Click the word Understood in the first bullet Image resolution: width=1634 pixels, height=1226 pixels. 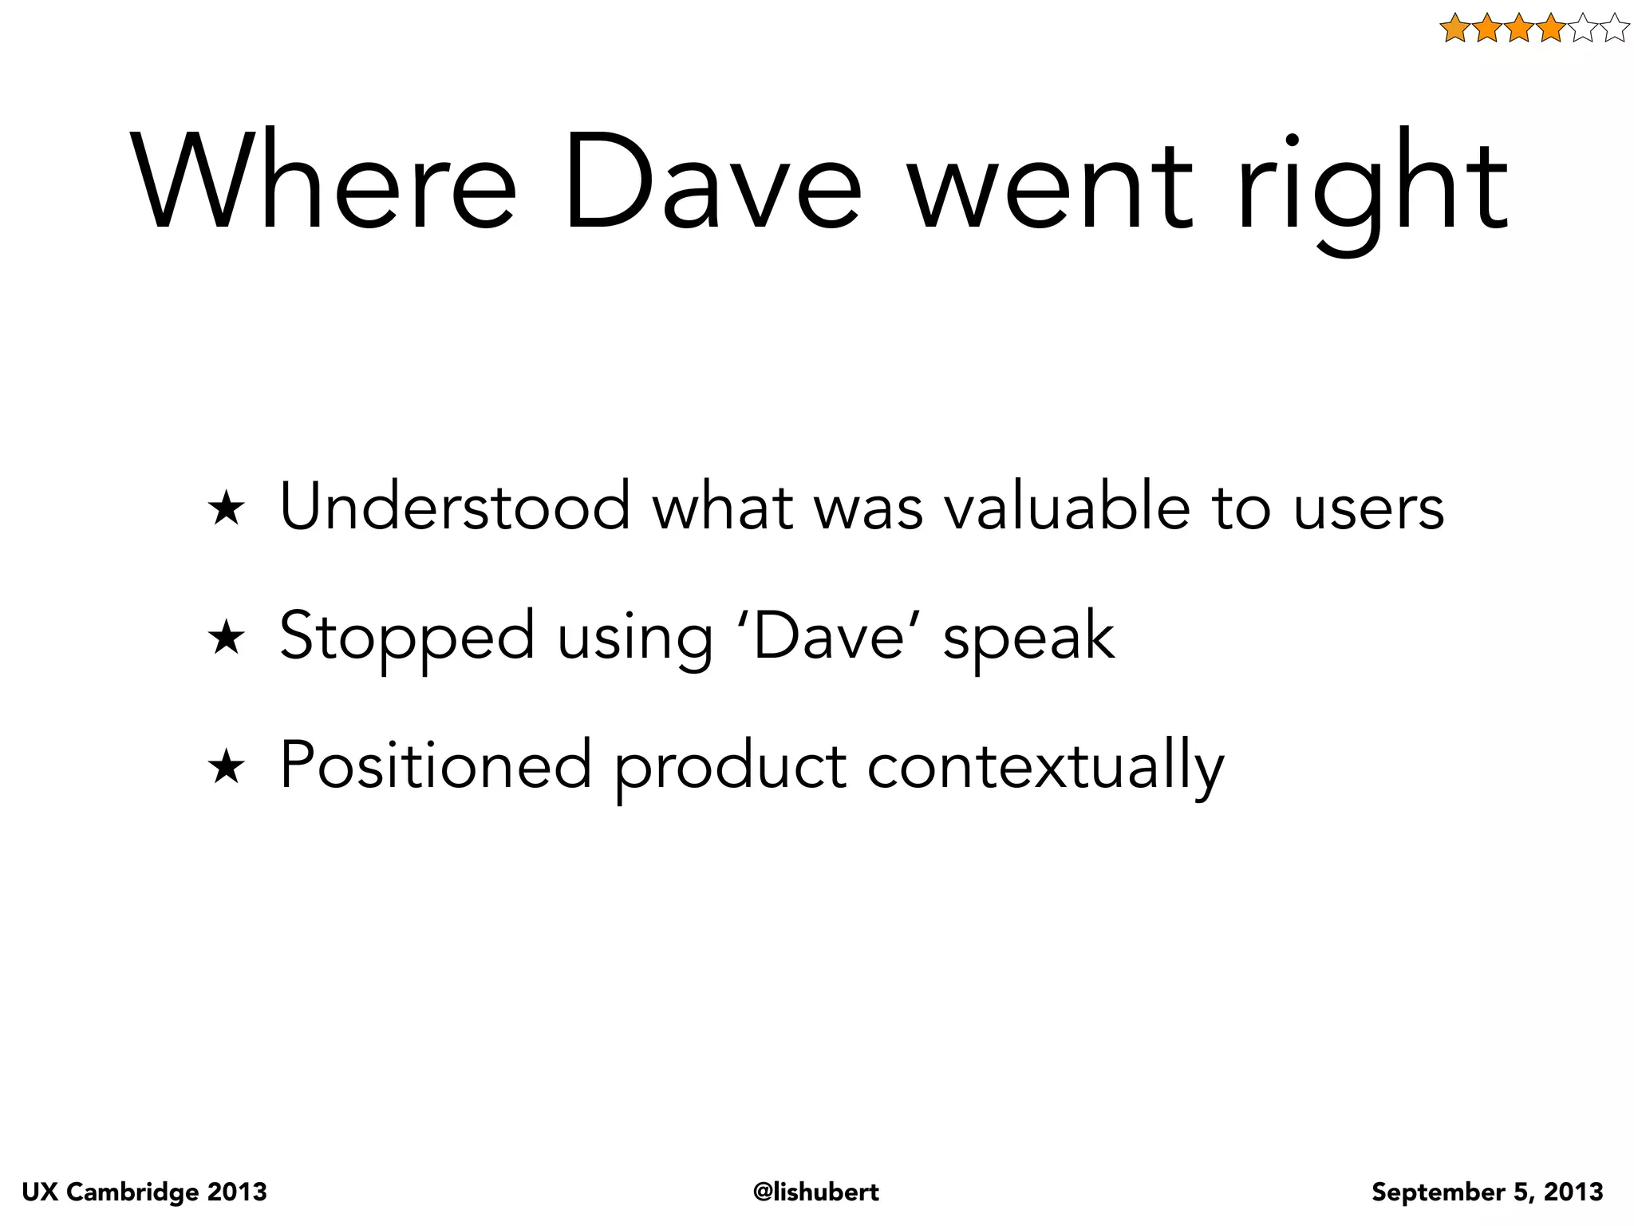(455, 506)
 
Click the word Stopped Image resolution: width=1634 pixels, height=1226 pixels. (407, 637)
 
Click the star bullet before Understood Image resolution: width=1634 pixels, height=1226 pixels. (226, 509)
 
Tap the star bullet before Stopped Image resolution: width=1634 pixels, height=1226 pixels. (226, 639)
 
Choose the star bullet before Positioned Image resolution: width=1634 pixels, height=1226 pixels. (226, 768)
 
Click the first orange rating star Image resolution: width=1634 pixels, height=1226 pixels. (1455, 29)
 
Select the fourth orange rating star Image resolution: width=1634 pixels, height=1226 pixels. (1550, 29)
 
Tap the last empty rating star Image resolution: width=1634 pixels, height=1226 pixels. (1614, 29)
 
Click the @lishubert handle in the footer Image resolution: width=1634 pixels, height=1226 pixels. (816, 1192)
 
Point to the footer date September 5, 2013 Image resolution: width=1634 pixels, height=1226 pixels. (1487, 1192)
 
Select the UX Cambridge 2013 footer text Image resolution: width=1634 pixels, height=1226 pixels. (144, 1192)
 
